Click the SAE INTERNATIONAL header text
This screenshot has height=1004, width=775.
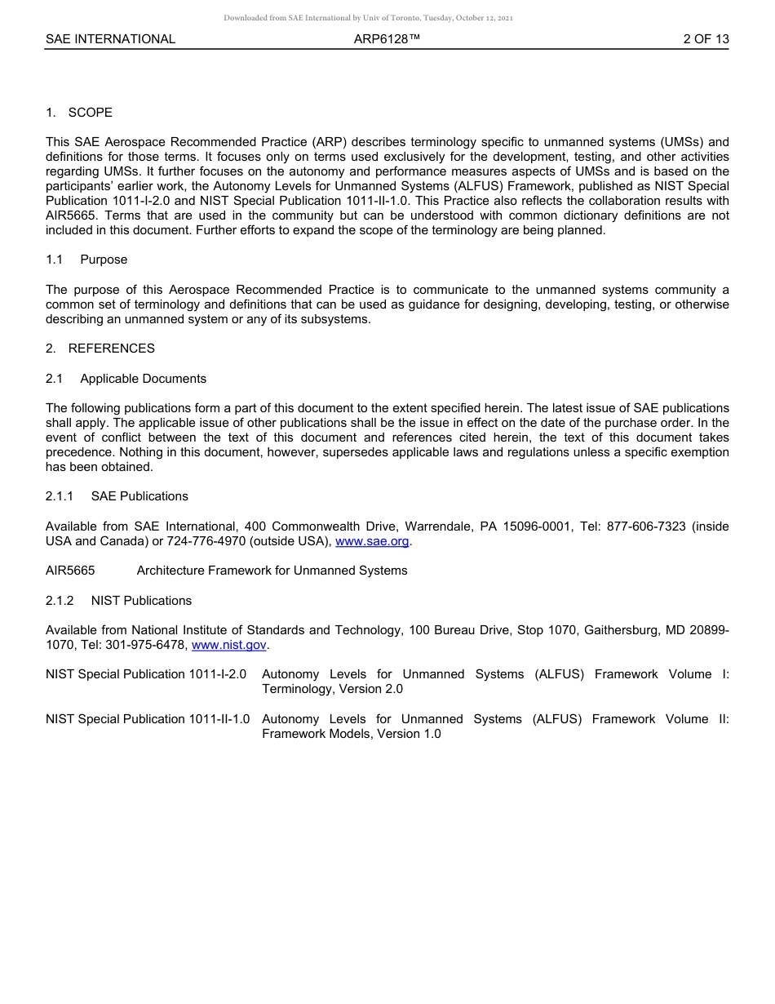click(x=110, y=39)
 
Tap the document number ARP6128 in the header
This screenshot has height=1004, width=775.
click(x=387, y=39)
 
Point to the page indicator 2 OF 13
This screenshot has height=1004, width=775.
click(x=706, y=39)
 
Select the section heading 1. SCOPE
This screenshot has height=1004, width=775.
click(x=79, y=113)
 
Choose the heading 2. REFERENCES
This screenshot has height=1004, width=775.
click(x=100, y=349)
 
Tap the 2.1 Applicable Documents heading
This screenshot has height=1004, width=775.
click(x=126, y=379)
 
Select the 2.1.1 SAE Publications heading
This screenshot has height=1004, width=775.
click(x=117, y=496)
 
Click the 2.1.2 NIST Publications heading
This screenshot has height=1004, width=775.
click(x=118, y=601)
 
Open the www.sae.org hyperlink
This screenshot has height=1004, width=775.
click(x=372, y=541)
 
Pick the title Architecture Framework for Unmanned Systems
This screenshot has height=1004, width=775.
click(x=272, y=571)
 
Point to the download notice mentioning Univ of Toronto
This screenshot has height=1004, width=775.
click(x=368, y=18)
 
